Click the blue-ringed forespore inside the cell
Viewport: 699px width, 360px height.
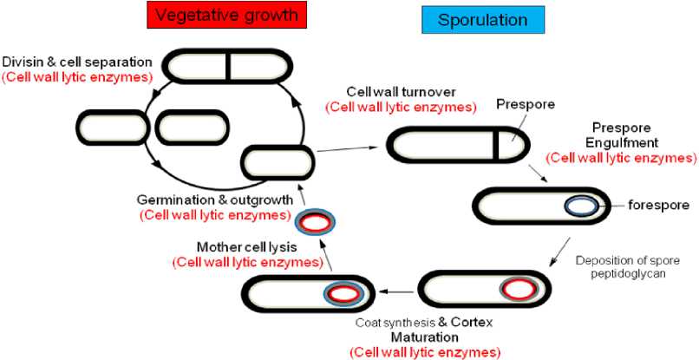coord(581,206)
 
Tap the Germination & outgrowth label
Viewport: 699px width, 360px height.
coord(214,200)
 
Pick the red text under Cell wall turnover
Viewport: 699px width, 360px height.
coord(400,108)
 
